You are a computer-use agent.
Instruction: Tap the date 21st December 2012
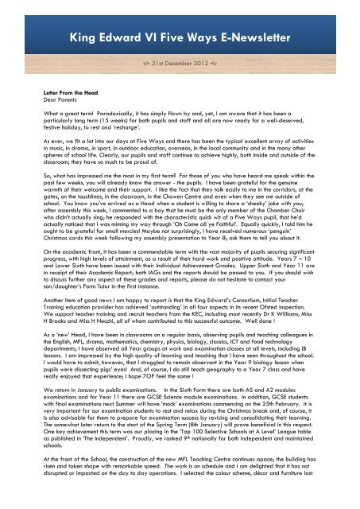(181, 63)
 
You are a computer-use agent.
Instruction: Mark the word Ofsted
(275, 324)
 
